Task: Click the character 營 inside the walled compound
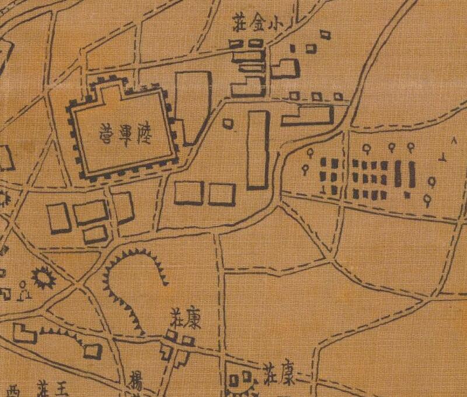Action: point(106,130)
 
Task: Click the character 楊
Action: point(137,378)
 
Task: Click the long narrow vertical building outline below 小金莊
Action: point(257,150)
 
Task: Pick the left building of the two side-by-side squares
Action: point(189,193)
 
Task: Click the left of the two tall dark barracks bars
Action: point(399,174)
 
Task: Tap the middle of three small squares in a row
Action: point(316,96)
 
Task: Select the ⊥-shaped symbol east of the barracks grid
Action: point(444,156)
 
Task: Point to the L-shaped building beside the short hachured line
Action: point(24,334)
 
